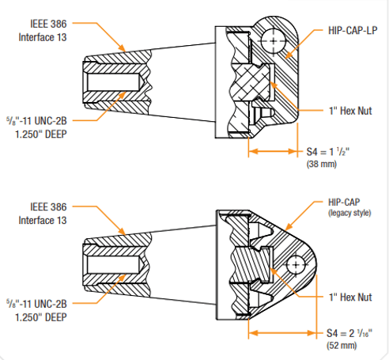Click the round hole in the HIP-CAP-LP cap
(274, 36)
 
